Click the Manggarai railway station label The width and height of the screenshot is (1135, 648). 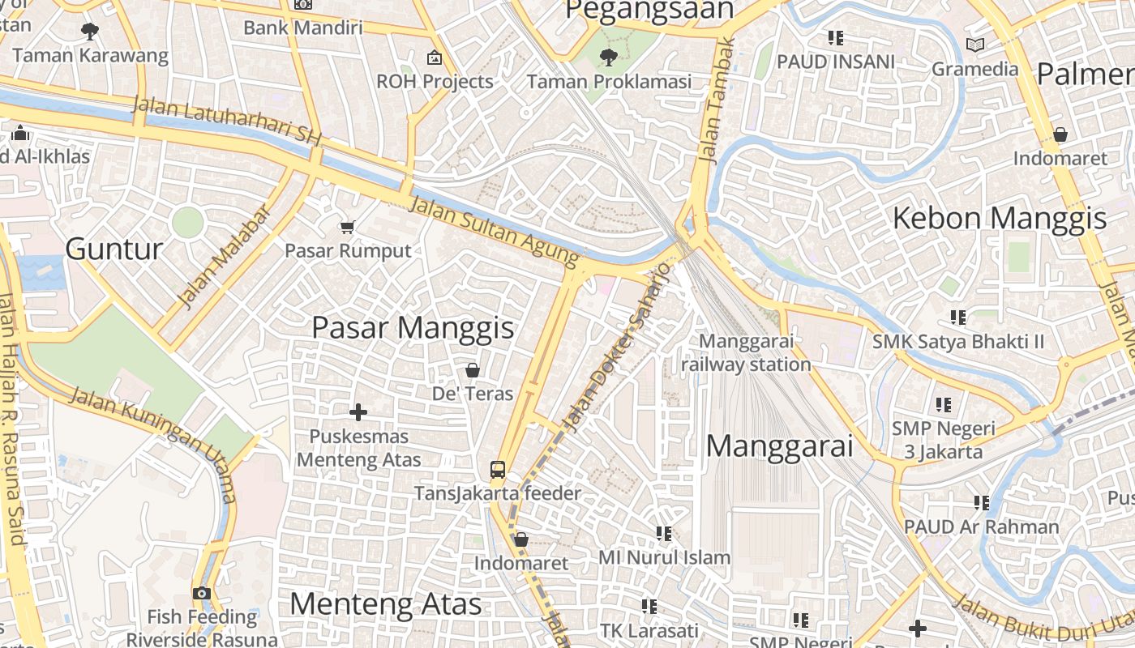(x=746, y=353)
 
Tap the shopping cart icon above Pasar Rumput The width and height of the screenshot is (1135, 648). (x=348, y=227)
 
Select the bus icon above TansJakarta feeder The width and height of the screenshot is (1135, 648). (x=497, y=469)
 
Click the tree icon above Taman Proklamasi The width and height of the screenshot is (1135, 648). (x=608, y=57)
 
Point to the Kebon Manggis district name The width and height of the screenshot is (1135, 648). (x=999, y=218)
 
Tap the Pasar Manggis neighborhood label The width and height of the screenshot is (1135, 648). (x=413, y=328)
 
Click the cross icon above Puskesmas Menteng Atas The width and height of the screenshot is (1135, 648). (x=358, y=412)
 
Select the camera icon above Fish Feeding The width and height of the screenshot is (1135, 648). (x=202, y=593)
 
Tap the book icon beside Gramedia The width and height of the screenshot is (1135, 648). (x=975, y=45)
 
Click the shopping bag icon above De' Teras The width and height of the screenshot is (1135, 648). (x=472, y=370)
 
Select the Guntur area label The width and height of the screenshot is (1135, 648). (x=113, y=249)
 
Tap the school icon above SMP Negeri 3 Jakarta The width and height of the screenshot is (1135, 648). (x=943, y=403)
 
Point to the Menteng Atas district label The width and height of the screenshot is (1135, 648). (x=385, y=604)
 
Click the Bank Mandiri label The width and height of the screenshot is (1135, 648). (x=302, y=28)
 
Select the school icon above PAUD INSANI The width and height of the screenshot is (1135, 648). (x=836, y=37)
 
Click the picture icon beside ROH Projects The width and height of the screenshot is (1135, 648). (x=435, y=58)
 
